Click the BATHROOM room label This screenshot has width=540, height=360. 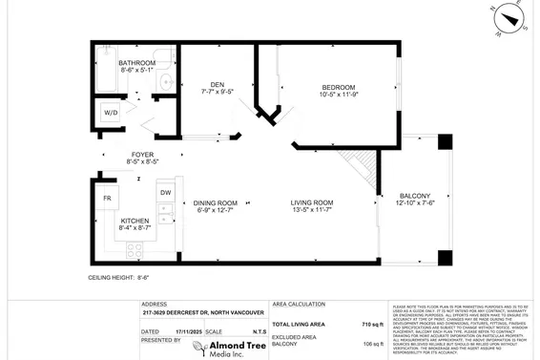tap(137, 62)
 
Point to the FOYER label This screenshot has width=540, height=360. tap(142, 154)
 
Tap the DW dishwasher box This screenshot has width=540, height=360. tap(165, 193)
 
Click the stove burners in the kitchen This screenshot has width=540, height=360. tap(135, 253)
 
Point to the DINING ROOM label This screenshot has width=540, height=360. tap(216, 202)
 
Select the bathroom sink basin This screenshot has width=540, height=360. tap(166, 82)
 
